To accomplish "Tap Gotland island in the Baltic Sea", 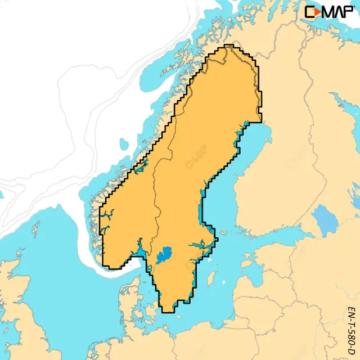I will click(213, 278).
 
